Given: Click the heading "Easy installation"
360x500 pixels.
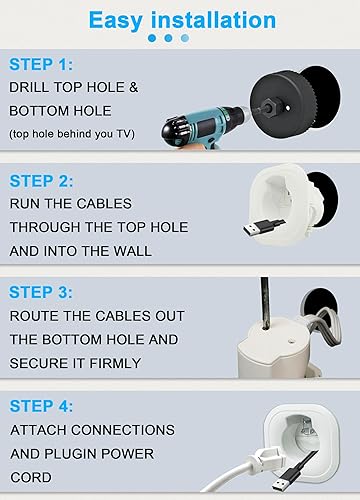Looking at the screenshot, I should coord(181,19).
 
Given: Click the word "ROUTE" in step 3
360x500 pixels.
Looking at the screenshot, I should coord(36,315).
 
